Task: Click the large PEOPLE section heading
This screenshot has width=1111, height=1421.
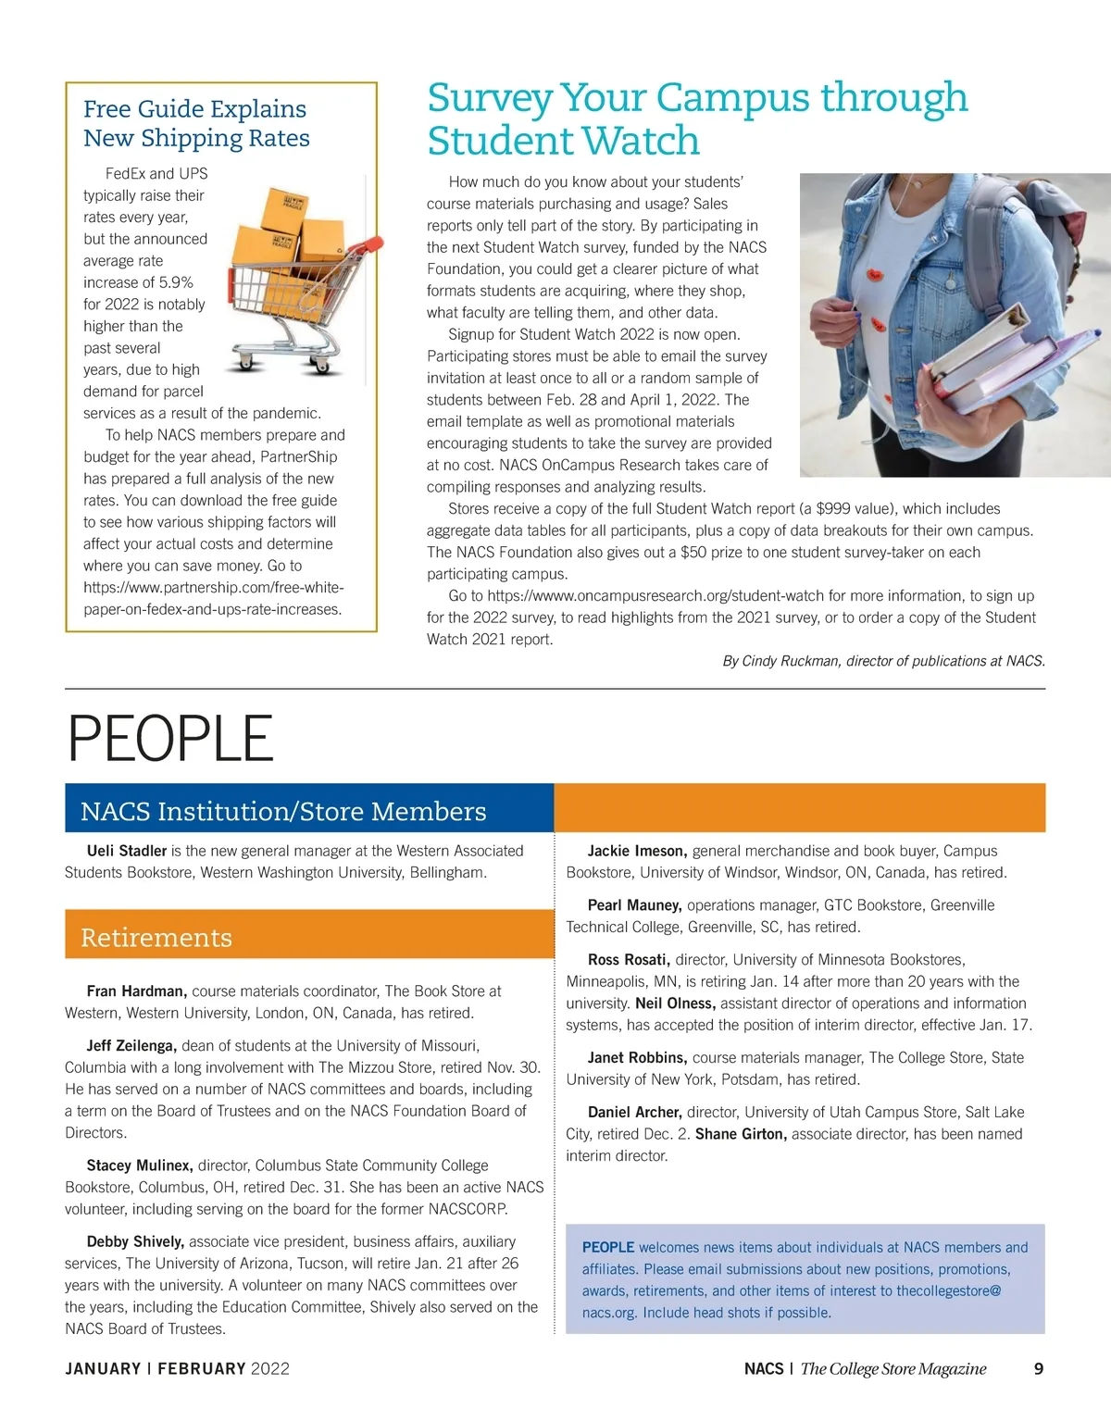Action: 170,739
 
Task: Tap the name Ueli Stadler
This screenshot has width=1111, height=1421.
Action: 127,851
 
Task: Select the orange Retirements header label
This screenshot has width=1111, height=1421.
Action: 156,938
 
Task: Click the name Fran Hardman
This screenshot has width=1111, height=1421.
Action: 136,991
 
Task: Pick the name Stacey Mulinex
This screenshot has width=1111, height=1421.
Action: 139,1165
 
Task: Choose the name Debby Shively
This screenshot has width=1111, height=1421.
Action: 135,1241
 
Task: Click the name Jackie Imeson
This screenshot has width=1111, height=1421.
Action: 637,851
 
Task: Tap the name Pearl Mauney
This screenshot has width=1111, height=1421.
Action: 634,905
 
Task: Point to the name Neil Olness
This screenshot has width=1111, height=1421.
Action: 675,1003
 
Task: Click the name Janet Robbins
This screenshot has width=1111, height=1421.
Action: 637,1057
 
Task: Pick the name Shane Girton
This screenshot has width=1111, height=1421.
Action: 741,1134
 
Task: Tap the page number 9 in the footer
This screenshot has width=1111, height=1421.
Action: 1039,1368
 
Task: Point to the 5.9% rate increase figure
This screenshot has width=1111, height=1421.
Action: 175,282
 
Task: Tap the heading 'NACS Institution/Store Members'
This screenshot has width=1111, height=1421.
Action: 283,811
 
